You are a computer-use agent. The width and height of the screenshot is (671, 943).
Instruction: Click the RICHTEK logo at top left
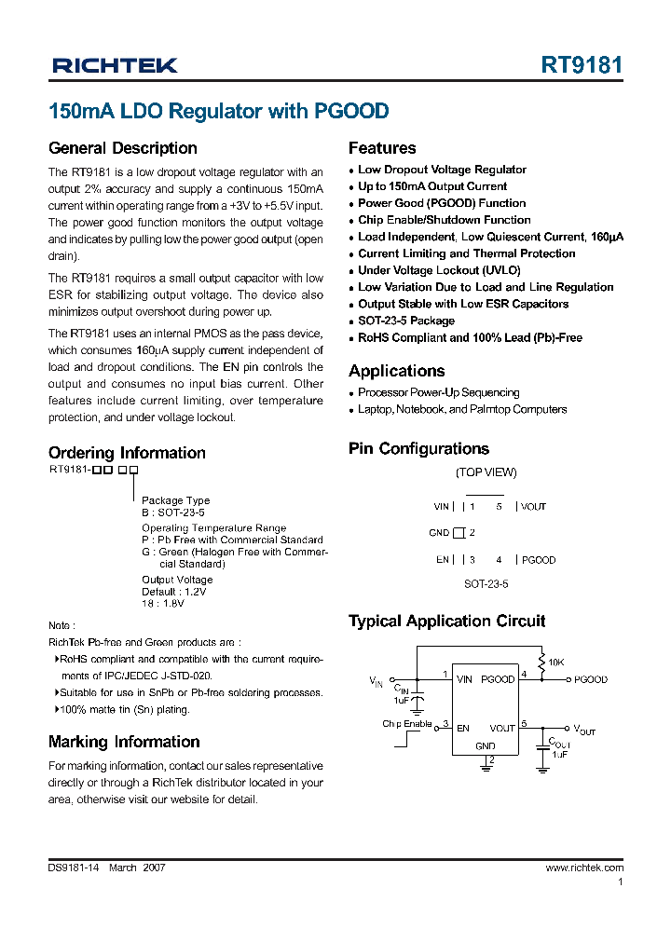coord(115,65)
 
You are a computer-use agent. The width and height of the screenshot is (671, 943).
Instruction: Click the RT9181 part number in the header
coord(582,65)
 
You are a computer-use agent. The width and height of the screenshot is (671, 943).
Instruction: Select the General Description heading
coord(122,148)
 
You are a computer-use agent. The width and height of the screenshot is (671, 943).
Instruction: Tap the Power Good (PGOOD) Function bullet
coord(442,203)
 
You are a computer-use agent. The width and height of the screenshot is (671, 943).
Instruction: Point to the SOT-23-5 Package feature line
coord(406,321)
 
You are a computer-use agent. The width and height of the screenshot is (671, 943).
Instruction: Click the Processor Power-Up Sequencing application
coord(438,393)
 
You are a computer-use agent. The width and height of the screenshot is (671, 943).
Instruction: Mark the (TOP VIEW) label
coord(486,472)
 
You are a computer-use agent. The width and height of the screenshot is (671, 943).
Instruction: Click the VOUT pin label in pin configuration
coord(534,507)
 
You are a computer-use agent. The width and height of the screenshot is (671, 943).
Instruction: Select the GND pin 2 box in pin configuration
coord(459,533)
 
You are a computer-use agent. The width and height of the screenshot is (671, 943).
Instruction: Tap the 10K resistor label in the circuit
coord(555,663)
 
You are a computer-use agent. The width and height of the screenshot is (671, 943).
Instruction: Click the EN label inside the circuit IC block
coord(462,728)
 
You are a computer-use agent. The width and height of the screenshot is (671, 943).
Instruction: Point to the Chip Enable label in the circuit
coord(406,724)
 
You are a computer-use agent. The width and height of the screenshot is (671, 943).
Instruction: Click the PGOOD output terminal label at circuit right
coord(591,679)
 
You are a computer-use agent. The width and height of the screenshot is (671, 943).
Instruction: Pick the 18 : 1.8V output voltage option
coord(163,603)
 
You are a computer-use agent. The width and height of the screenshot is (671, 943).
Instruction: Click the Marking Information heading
coord(124,742)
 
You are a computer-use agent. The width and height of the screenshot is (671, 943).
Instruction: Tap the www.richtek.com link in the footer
coord(584,868)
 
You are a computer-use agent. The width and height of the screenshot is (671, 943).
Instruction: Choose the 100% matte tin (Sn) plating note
coord(124,709)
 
